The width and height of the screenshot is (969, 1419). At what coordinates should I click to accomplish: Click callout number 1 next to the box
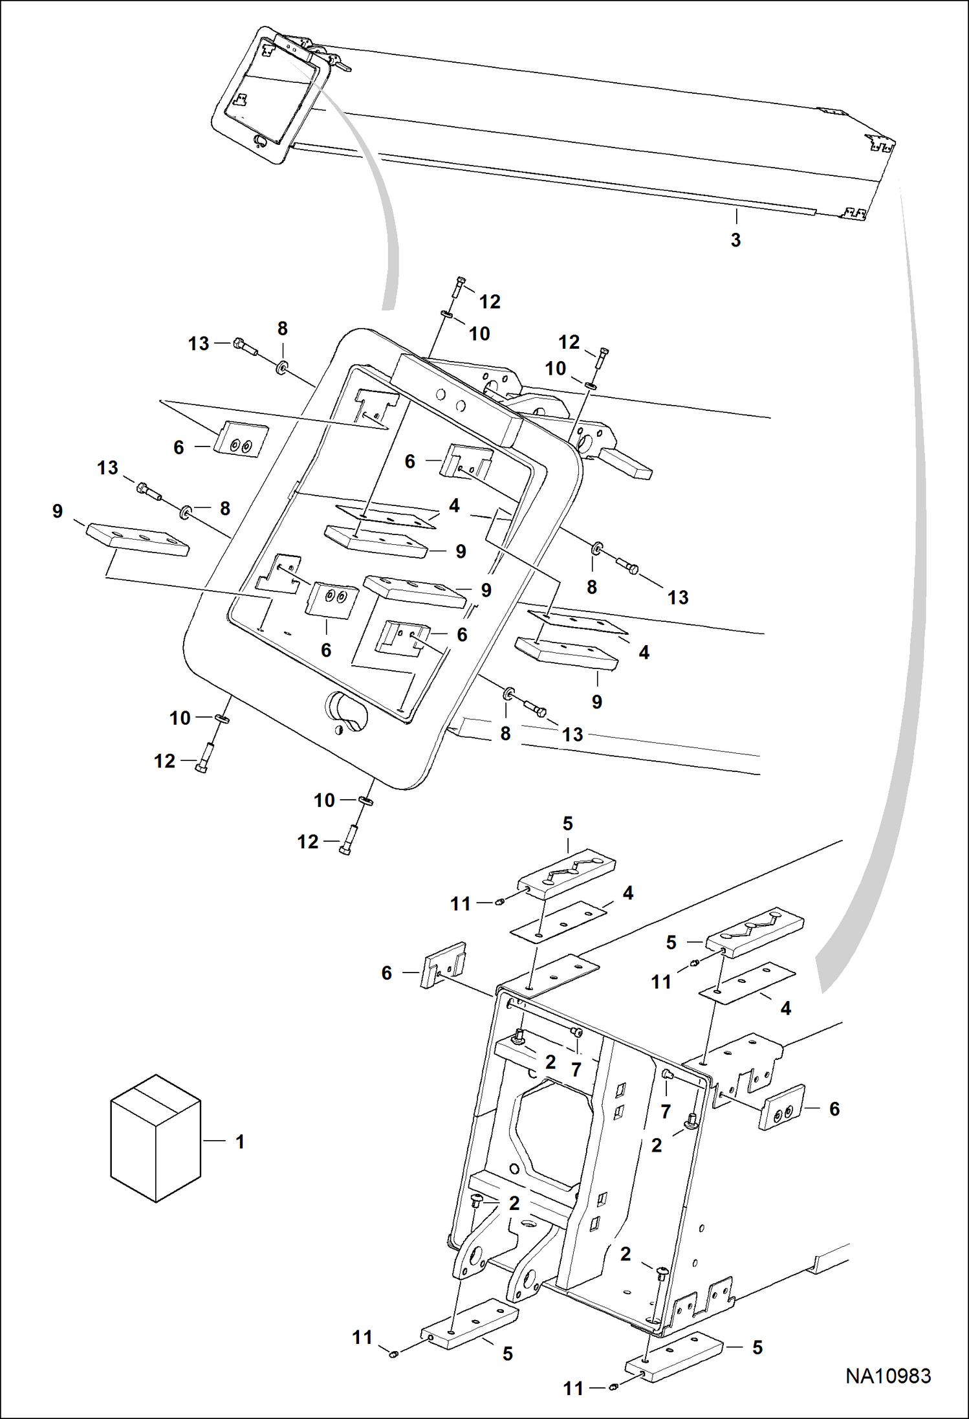pyautogui.click(x=240, y=1142)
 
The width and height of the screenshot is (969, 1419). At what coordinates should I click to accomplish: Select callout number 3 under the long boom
pyautogui.click(x=735, y=240)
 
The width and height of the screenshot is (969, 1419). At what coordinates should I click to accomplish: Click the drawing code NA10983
pyautogui.click(x=888, y=1376)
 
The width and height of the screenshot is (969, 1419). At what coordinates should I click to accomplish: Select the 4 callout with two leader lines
pyautogui.click(x=454, y=505)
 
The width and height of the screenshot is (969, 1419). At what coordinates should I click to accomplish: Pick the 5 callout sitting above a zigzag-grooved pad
pyautogui.click(x=567, y=824)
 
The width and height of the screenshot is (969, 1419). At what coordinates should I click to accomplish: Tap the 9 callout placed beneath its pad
pyautogui.click(x=596, y=702)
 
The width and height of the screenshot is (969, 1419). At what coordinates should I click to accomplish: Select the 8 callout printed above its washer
pyautogui.click(x=282, y=329)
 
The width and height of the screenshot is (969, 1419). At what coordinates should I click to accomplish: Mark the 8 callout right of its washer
pyautogui.click(x=224, y=509)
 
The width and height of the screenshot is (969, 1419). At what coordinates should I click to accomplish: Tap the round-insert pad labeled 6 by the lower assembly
pyautogui.click(x=781, y=1107)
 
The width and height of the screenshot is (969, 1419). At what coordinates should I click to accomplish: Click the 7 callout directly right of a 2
pyautogui.click(x=576, y=1070)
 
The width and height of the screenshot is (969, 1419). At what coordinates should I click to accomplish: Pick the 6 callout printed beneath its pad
pyautogui.click(x=326, y=650)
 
